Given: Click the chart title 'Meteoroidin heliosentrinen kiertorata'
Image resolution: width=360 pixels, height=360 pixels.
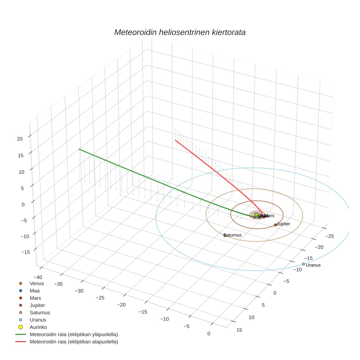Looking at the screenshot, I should pyautogui.click(x=180, y=32).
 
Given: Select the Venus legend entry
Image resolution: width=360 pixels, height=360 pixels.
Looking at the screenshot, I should pyautogui.click(x=37, y=283).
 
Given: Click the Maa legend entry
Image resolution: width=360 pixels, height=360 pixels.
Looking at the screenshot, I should pyautogui.click(x=34, y=290).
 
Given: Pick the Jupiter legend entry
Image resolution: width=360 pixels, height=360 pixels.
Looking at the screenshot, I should pyautogui.click(x=37, y=305).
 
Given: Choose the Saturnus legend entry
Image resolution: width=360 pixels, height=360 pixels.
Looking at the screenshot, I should pyautogui.click(x=40, y=312).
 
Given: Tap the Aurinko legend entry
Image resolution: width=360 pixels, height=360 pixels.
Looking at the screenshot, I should pyautogui.click(x=38, y=327).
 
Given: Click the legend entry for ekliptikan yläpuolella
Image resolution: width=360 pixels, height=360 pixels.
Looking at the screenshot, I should pyautogui.click(x=74, y=334).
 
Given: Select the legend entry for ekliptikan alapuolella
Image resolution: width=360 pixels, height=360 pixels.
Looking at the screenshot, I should pyautogui.click(x=74, y=342).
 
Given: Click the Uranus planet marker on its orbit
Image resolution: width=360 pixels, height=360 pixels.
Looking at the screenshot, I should pyautogui.click(x=303, y=264).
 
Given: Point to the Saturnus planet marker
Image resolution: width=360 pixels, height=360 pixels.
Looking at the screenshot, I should pyautogui.click(x=225, y=235).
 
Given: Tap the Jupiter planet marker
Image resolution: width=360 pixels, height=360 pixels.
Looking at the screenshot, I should pyautogui.click(x=275, y=225).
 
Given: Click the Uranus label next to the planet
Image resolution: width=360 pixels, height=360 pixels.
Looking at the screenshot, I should pyautogui.click(x=313, y=265).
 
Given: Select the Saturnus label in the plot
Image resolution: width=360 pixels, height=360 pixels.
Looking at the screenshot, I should pyautogui.click(x=233, y=235).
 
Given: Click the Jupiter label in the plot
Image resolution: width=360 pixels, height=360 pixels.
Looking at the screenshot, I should pyautogui.click(x=284, y=224).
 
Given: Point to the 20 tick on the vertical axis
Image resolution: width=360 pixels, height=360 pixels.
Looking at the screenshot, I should pyautogui.click(x=20, y=139).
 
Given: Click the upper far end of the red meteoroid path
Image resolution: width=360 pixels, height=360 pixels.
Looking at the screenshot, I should pyautogui.click(x=175, y=140).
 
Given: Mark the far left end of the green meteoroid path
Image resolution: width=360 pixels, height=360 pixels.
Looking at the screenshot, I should pyautogui.click(x=79, y=149).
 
